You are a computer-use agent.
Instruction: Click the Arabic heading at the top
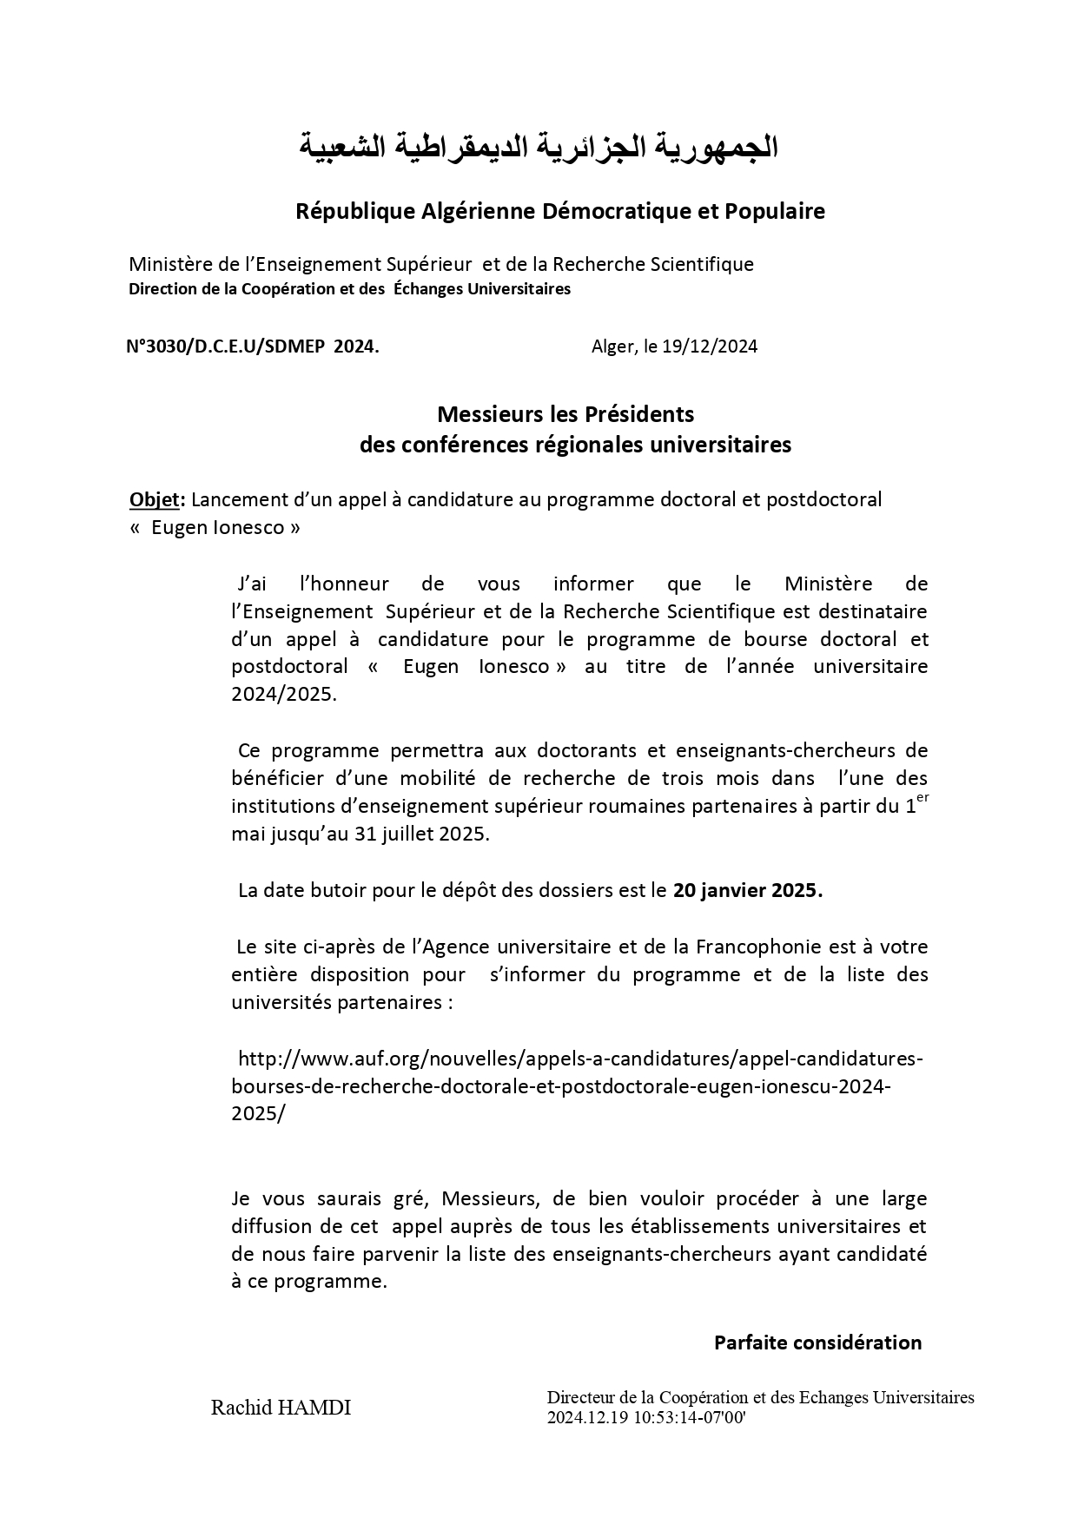pyautogui.click(x=539, y=147)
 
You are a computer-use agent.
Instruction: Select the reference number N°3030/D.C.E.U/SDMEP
pyautogui.click(x=226, y=346)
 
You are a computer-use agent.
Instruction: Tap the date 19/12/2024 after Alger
pyautogui.click(x=710, y=346)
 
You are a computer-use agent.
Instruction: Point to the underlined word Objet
pyautogui.click(x=155, y=499)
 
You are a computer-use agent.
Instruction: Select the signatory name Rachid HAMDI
pyautogui.click(x=281, y=1408)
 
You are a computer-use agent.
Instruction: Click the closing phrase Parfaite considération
pyautogui.click(x=817, y=1343)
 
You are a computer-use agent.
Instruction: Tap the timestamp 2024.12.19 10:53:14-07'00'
pyautogui.click(x=646, y=1417)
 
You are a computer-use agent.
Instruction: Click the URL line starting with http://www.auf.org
pyautogui.click(x=579, y=1059)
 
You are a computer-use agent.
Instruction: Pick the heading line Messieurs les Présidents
pyautogui.click(x=565, y=412)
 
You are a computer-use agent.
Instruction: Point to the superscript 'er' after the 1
pyautogui.click(x=923, y=799)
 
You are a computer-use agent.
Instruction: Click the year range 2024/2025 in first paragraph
pyautogui.click(x=282, y=695)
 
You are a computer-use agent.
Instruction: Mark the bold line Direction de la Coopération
pyautogui.click(x=349, y=289)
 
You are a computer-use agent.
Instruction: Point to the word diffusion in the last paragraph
pyautogui.click(x=269, y=1226)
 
